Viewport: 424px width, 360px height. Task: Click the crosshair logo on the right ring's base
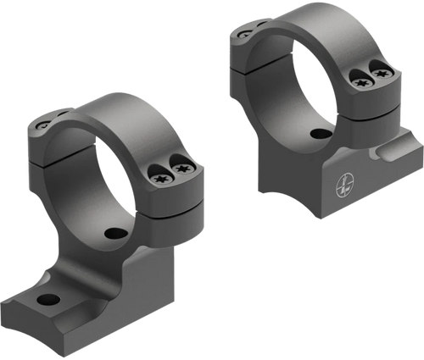click(x=341, y=179)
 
